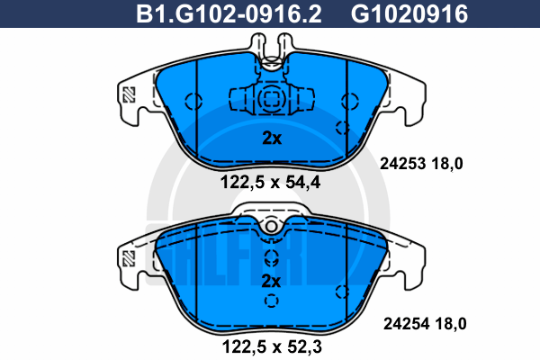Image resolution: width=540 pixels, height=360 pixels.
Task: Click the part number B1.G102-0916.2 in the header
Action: click(x=229, y=14)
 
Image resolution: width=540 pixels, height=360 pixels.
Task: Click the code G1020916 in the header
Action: click(x=409, y=14)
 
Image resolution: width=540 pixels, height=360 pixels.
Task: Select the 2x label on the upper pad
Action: click(x=272, y=138)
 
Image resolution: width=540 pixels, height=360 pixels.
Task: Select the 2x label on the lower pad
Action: click(x=271, y=282)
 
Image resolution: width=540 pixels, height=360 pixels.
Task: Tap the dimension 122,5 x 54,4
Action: click(x=270, y=182)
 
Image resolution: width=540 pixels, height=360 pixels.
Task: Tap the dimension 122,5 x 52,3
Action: click(x=272, y=346)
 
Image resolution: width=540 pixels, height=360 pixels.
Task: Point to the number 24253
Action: click(x=402, y=164)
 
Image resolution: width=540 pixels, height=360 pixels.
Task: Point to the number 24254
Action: click(x=407, y=324)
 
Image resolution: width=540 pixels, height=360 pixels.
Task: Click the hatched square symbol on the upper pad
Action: click(x=129, y=94)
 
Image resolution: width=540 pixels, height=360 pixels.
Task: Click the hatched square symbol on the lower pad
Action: click(x=129, y=258)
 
